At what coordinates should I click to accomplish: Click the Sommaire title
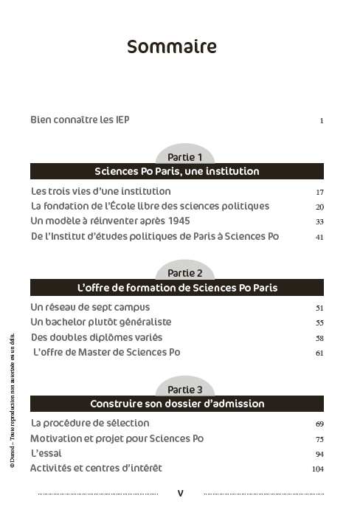pos(172,47)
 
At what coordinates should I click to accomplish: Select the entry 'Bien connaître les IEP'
pos(80,120)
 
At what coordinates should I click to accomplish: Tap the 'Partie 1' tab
pos(184,157)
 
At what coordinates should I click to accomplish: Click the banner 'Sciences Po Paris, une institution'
pos(177,171)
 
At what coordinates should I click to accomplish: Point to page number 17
pos(319,192)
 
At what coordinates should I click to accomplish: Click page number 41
pos(319,237)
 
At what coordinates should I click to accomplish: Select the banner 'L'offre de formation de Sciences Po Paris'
pos(177,287)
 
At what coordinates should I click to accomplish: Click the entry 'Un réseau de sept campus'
pos(90,307)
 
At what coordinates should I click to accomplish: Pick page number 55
pos(319,323)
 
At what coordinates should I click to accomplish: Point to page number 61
pos(319,353)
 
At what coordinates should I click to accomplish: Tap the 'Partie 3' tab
pos(184,389)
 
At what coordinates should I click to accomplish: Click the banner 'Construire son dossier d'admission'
pos(177,404)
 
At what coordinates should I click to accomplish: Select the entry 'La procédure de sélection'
pos(90,424)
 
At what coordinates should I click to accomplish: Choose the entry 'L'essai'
pos(46,453)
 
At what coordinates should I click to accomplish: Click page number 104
pos(318,469)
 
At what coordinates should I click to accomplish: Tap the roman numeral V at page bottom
pos(181,492)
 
